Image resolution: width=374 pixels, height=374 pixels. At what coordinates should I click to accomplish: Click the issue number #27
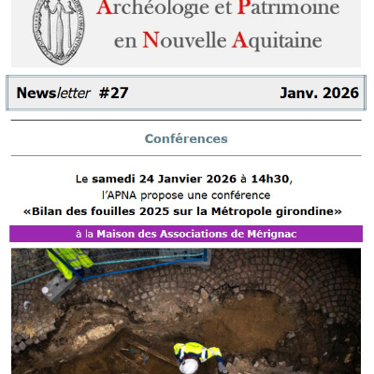[x=113, y=93]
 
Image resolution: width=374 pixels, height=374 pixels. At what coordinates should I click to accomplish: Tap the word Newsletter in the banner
[x=53, y=93]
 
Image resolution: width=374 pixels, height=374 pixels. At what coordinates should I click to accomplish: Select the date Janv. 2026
[x=319, y=93]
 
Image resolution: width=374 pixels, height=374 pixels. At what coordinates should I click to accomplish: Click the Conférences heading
[x=186, y=138]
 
